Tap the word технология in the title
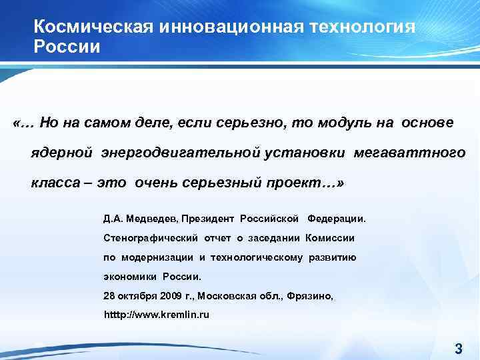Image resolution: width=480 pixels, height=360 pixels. point(361,27)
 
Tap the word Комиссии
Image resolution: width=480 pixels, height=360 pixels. point(330,238)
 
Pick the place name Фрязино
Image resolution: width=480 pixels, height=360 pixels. point(310,295)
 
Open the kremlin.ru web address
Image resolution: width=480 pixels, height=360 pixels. point(157,314)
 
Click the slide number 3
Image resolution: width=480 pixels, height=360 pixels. point(458,347)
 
